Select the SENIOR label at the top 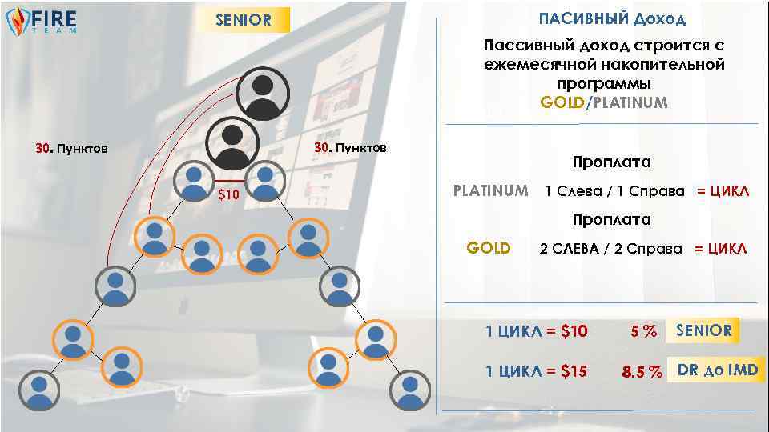[244, 20]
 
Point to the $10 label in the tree [229, 194]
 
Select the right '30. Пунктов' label [350, 148]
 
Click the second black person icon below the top [232, 142]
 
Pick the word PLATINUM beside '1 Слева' [490, 191]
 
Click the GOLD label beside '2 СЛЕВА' [489, 248]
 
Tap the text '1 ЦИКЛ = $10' [536, 331]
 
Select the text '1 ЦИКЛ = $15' [536, 372]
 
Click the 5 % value [642, 331]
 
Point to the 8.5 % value [642, 372]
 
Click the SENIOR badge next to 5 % [703, 330]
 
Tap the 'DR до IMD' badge [717, 370]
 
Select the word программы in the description [603, 83]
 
